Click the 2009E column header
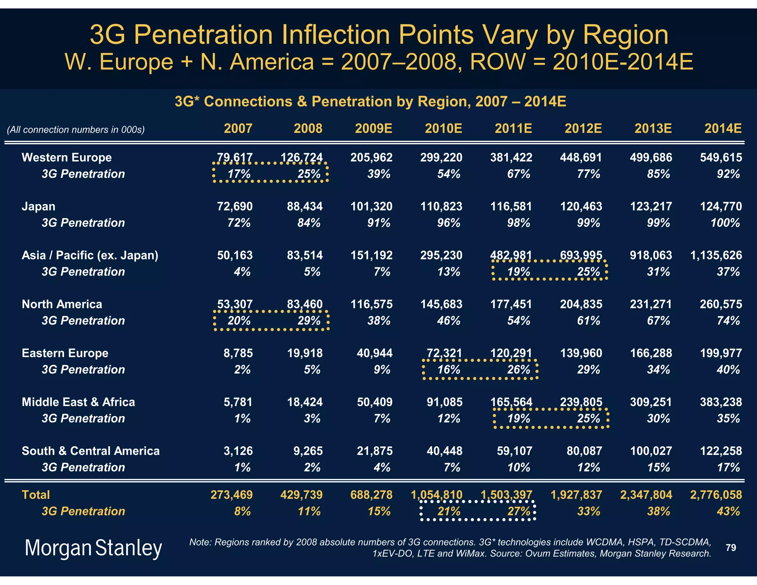[373, 129]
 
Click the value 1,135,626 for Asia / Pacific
[716, 256]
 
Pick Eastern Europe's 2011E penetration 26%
[519, 370]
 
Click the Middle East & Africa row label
[78, 402]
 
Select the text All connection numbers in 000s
[76, 130]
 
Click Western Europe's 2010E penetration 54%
[448, 174]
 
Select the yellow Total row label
[35, 495]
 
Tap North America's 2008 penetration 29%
[309, 321]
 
